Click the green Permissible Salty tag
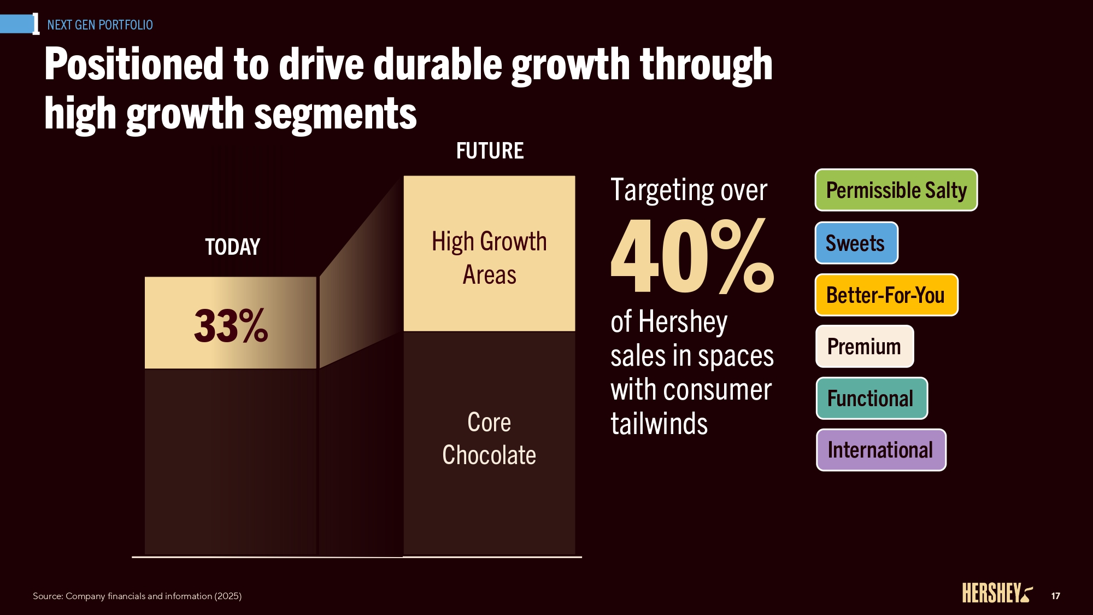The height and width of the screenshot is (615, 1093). [896, 190]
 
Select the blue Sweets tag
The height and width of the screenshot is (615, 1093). [856, 243]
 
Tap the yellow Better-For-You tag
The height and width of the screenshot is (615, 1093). [886, 295]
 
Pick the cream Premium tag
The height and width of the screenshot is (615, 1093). [864, 347]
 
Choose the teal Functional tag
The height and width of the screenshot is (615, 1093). [871, 399]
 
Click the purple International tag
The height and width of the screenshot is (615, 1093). [880, 450]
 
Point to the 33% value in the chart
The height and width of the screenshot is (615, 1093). [231, 326]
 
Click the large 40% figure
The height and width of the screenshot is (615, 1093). [692, 256]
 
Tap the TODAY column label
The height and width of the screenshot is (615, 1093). [232, 247]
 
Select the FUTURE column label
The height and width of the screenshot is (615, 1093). [490, 151]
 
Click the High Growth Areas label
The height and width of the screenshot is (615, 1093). [489, 257]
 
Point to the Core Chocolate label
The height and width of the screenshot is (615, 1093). [489, 438]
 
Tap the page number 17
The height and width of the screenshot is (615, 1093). [1055, 596]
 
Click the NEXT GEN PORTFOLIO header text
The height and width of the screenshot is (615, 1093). [100, 25]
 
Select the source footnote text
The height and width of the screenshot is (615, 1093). [137, 596]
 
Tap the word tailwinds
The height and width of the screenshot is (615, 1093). [659, 424]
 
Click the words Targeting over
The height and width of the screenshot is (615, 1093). [689, 190]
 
